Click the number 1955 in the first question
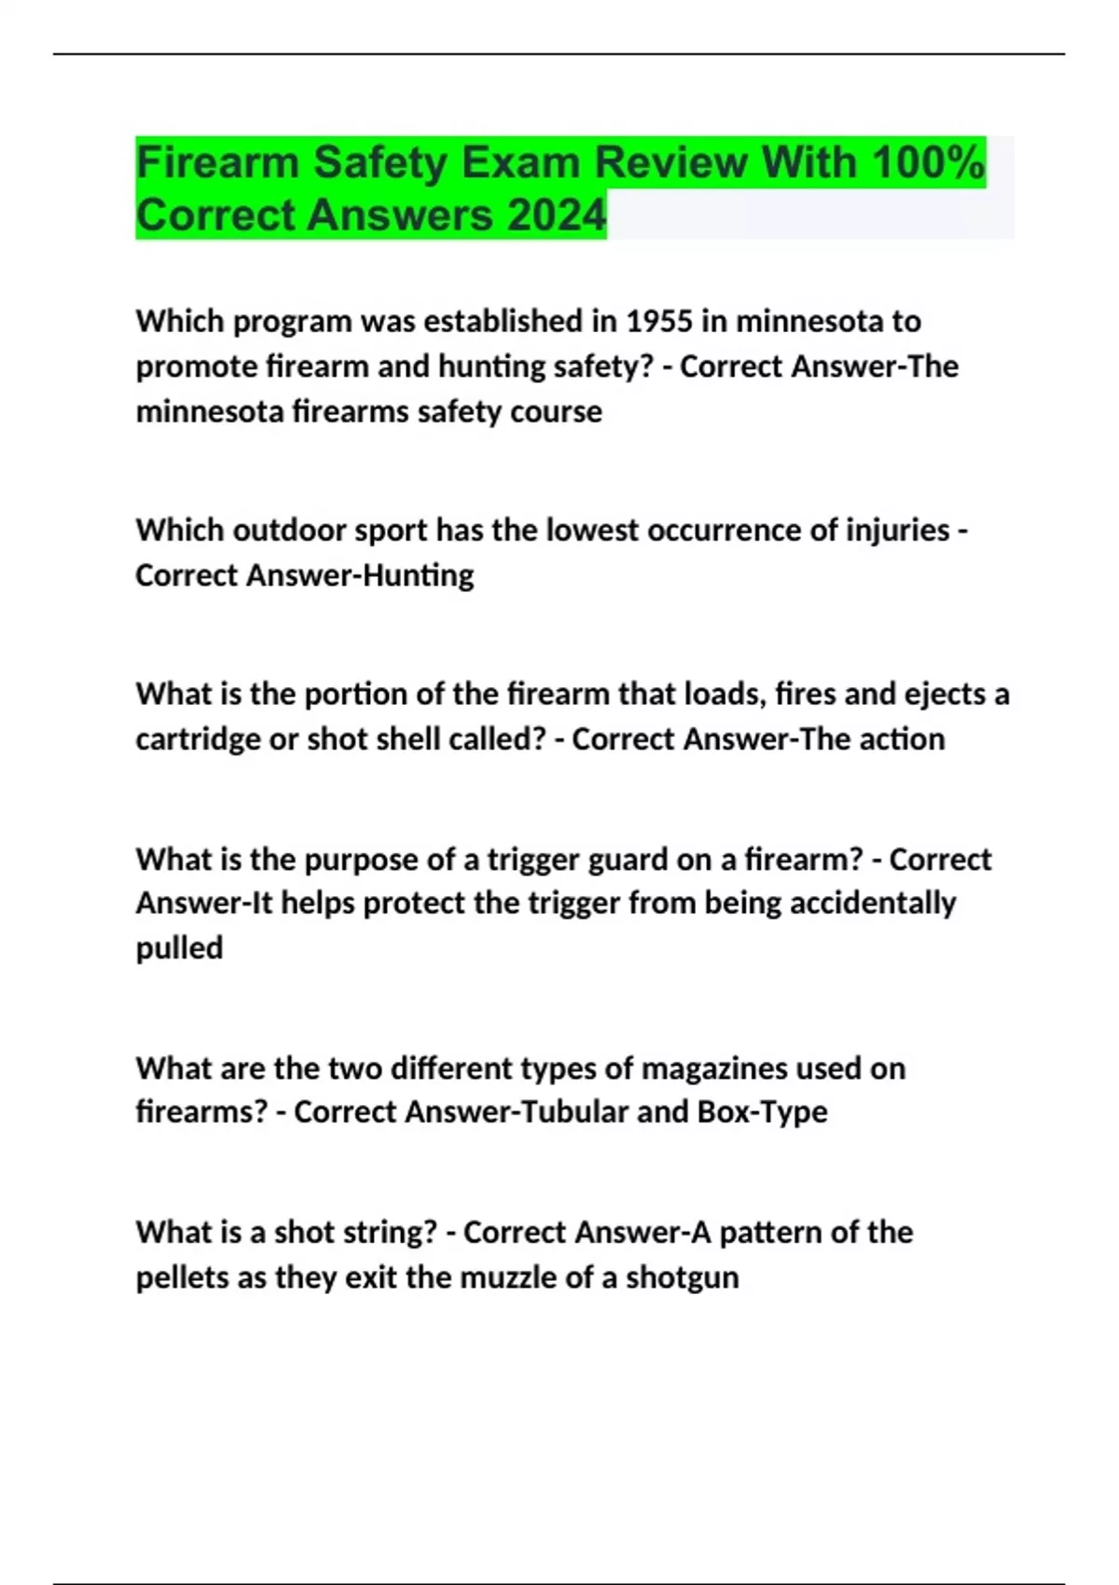pyautogui.click(x=659, y=321)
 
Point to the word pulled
pyautogui.click(x=179, y=948)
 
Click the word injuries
pyautogui.click(x=897, y=531)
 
